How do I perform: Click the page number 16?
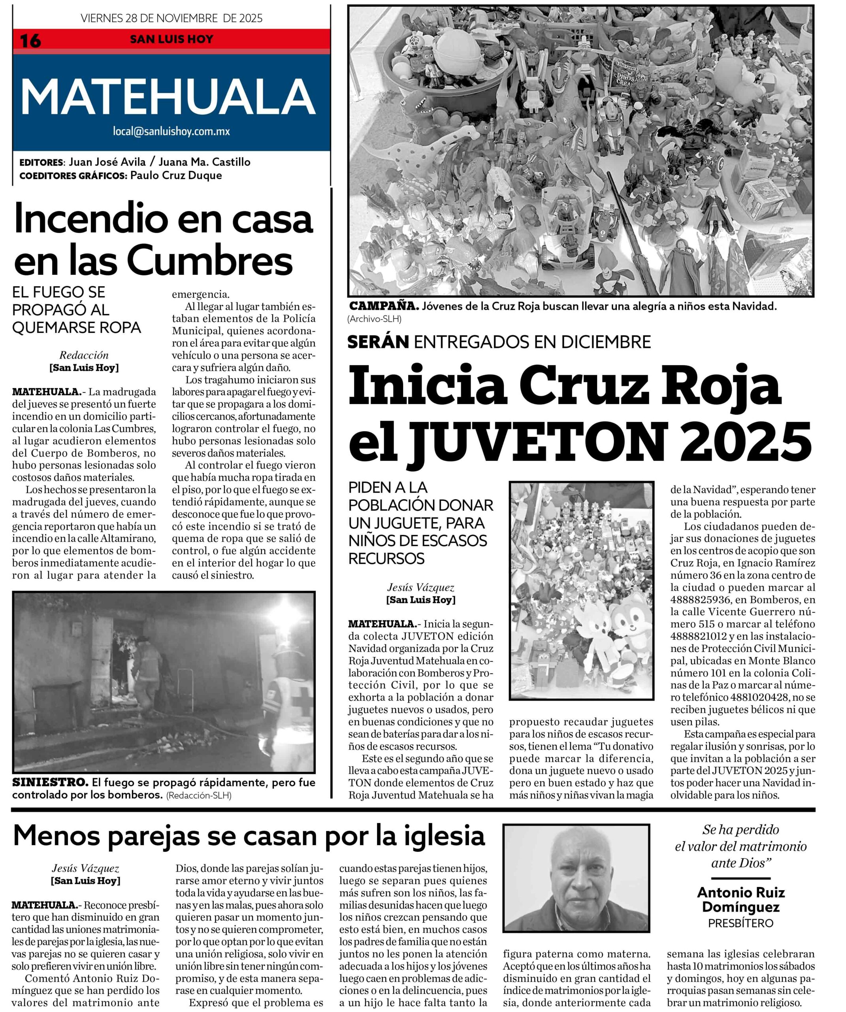(x=30, y=40)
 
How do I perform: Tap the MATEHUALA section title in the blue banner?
(x=168, y=96)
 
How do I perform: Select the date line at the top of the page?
(x=171, y=18)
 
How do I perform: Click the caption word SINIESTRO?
(x=50, y=782)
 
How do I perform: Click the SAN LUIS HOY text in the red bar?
(x=171, y=40)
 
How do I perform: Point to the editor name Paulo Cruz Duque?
(x=176, y=176)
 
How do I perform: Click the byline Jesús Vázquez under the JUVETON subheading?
(x=420, y=587)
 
